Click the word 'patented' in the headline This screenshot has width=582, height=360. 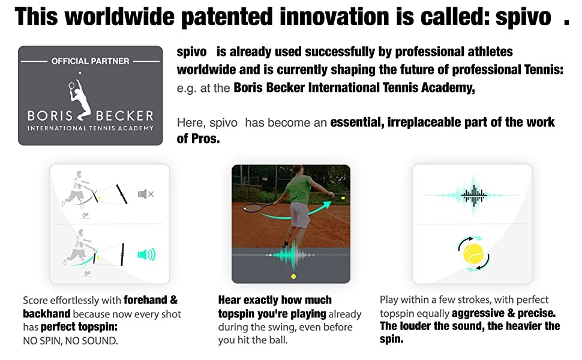click(227, 17)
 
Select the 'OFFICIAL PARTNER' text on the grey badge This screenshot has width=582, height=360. click(90, 61)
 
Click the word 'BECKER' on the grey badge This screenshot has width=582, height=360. click(125, 116)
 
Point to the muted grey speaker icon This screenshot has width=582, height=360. click(145, 194)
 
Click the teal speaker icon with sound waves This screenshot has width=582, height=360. click(146, 254)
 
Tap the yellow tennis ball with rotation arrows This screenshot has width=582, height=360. click(473, 254)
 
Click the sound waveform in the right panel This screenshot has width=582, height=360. click(473, 195)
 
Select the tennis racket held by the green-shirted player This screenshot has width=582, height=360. click(259, 207)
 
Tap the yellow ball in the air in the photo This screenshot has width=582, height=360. click(343, 198)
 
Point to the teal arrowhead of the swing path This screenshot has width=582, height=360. click(326, 205)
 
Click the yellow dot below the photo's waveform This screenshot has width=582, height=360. click(293, 277)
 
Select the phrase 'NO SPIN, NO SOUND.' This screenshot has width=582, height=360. click(70, 340)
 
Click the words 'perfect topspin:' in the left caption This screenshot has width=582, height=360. click(79, 327)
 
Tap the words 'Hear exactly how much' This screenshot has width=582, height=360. click(275, 299)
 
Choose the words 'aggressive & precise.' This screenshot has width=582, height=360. click(503, 313)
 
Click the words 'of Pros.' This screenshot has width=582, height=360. click(198, 139)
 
